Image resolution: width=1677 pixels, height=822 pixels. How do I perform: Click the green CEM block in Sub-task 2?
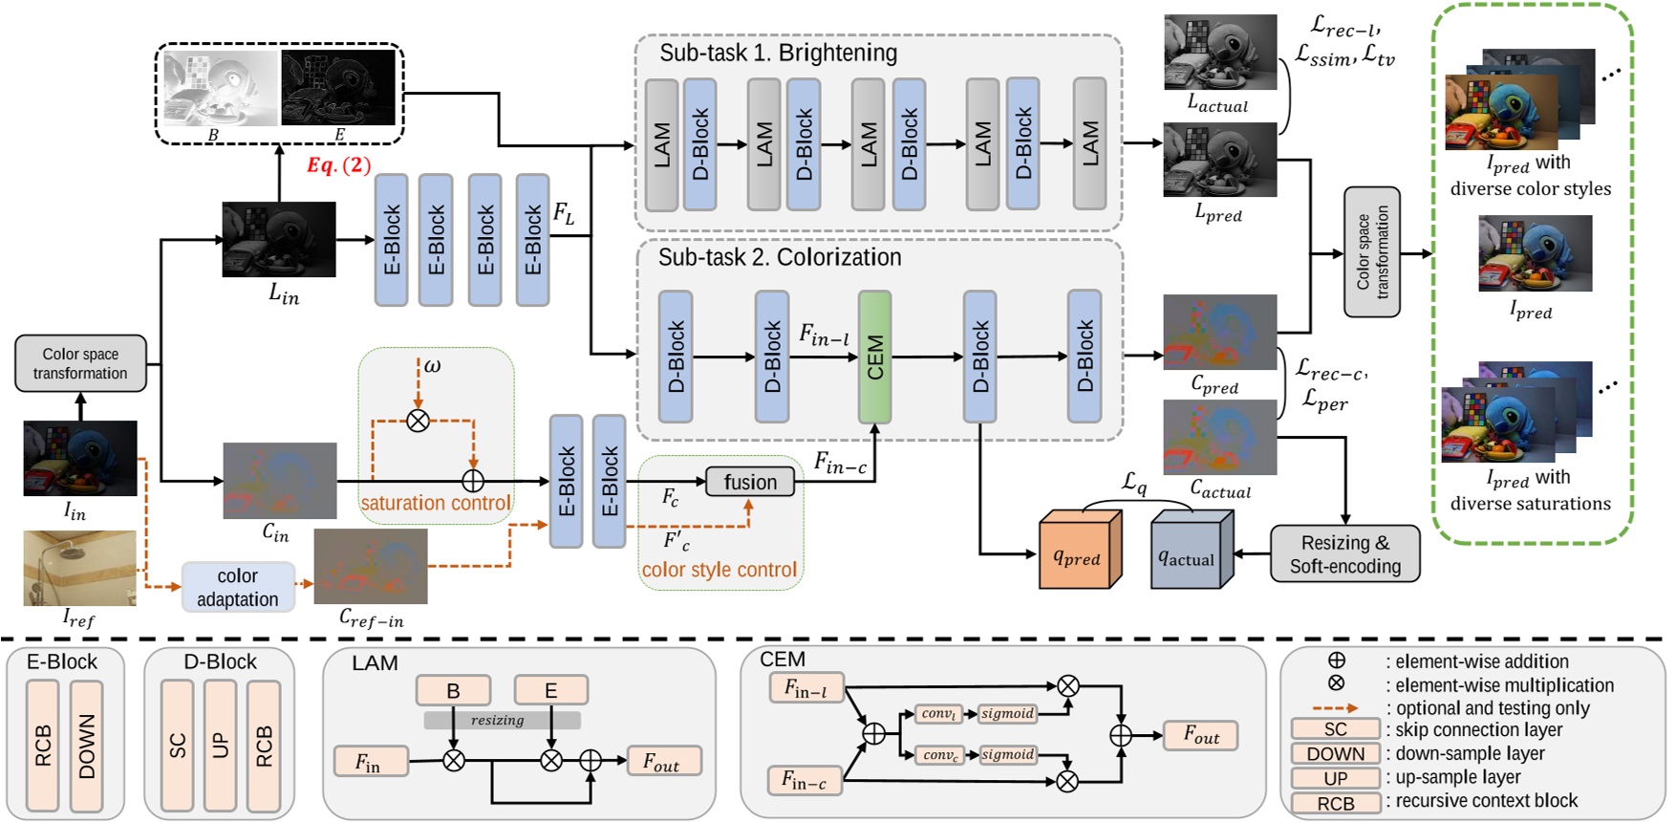(874, 357)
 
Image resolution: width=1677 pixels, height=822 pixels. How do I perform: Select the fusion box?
(750, 482)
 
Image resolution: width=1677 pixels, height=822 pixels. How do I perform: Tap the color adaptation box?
(238, 587)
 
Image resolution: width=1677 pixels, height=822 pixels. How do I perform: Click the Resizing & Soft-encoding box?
(1344, 554)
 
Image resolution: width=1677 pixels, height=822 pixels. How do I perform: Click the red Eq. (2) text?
(338, 164)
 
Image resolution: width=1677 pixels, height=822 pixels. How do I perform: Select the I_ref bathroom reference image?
(80, 568)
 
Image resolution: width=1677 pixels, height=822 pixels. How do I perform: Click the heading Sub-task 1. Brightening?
(778, 53)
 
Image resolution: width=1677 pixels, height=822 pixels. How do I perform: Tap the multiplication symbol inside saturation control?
(418, 420)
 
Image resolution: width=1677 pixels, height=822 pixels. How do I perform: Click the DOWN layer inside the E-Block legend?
(87, 746)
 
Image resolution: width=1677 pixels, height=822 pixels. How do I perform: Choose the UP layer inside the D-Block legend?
(221, 746)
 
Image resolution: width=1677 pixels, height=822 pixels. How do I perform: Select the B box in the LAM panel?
(453, 690)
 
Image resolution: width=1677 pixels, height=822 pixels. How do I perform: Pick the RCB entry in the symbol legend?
(1335, 803)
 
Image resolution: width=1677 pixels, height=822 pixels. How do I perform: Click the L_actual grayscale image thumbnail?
(1219, 53)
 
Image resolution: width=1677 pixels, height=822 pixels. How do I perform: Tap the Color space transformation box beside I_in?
(80, 363)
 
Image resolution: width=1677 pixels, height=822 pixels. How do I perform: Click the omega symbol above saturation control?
(432, 366)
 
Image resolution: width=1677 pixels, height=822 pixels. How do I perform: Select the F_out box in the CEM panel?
(1201, 735)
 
